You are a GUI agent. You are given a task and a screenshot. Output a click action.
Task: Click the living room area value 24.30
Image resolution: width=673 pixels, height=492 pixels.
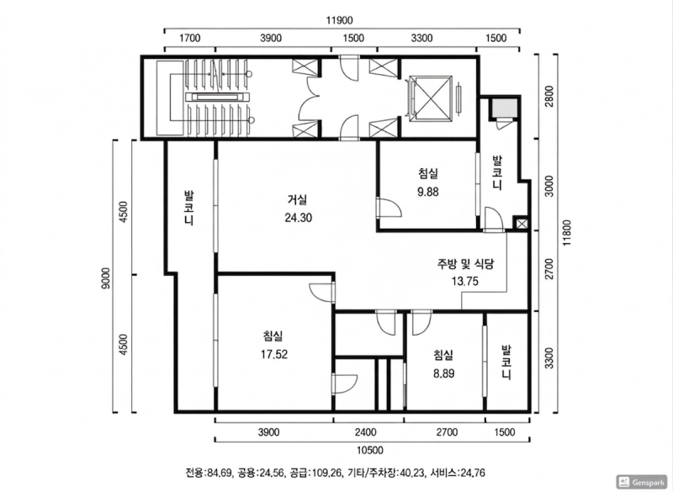[x=298, y=216]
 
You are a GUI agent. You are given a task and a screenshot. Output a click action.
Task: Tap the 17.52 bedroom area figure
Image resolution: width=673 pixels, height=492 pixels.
[x=274, y=354]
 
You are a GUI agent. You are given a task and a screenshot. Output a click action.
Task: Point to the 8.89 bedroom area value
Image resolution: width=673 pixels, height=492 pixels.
[x=443, y=371]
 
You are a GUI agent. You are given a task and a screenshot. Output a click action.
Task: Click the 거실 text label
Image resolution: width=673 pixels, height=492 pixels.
[x=297, y=200]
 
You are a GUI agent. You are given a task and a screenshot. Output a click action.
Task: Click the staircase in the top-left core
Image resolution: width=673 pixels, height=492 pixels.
[x=217, y=97]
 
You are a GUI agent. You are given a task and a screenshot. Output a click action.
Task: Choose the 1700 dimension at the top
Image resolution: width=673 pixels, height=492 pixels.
[x=189, y=38]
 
